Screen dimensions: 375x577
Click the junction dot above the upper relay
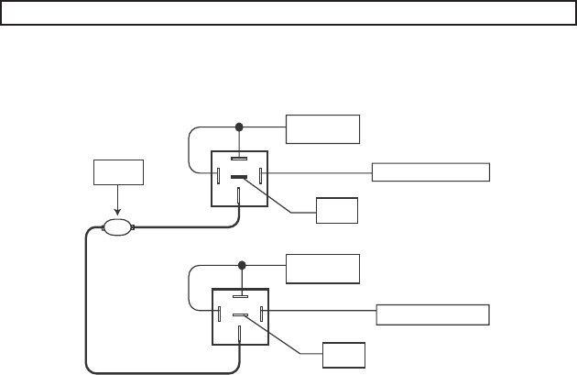click(240, 127)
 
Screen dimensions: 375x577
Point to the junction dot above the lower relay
click(241, 267)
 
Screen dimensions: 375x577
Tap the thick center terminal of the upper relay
click(240, 177)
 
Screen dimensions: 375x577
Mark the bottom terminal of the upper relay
click(240, 193)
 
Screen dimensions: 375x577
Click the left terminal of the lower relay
click(220, 313)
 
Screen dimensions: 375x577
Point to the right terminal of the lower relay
click(262, 313)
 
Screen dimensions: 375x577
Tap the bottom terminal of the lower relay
click(240, 334)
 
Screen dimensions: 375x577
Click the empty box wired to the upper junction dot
click(323, 128)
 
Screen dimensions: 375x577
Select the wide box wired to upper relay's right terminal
click(430, 171)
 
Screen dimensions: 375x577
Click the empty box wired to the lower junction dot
click(323, 270)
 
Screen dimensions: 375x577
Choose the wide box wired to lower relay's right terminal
click(433, 314)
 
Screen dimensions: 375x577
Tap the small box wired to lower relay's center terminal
click(345, 354)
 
